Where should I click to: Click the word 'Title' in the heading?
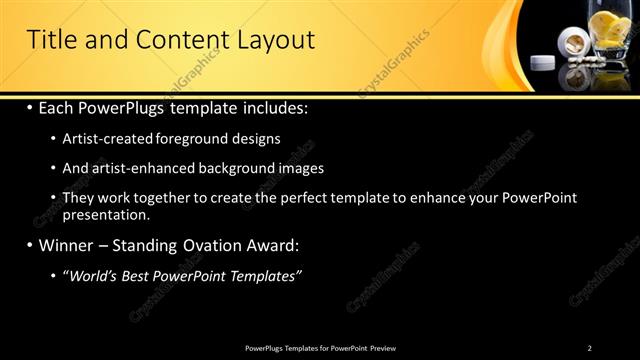(50, 40)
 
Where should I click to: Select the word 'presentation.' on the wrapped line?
(106, 214)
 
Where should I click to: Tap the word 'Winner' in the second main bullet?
(64, 245)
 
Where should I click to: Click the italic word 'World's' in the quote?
(93, 276)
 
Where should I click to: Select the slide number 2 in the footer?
(589, 348)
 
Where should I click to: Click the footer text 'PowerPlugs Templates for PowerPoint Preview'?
(320, 348)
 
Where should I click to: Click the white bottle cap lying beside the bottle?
(541, 63)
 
